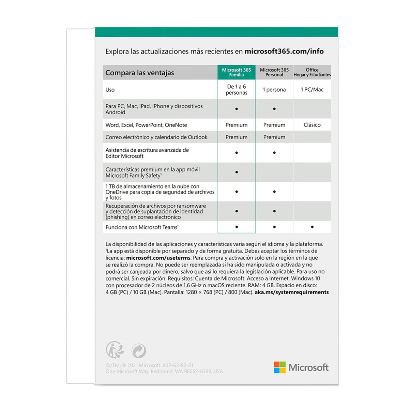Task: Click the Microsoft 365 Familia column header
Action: tap(236, 72)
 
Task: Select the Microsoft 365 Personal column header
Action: tap(274, 72)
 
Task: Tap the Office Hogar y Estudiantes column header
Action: tap(312, 72)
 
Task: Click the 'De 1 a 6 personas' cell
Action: tap(236, 90)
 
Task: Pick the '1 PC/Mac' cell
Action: tap(312, 90)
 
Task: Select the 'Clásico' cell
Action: tap(312, 125)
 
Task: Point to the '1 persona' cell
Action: tap(274, 90)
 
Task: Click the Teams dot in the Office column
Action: tap(312, 227)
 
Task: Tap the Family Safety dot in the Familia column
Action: tap(237, 172)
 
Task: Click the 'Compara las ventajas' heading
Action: tap(140, 73)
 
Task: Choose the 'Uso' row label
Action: tap(110, 90)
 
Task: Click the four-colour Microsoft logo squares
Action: tap(280, 367)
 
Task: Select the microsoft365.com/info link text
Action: tap(284, 51)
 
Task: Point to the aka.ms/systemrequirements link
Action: tap(291, 292)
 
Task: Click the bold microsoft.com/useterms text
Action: tap(158, 258)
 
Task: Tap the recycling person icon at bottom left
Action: tap(115, 350)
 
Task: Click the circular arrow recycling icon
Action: tap(139, 351)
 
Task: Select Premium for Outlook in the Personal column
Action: tap(274, 137)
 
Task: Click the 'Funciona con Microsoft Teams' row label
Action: tap(142, 227)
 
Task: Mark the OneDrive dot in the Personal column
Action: tap(274, 192)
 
